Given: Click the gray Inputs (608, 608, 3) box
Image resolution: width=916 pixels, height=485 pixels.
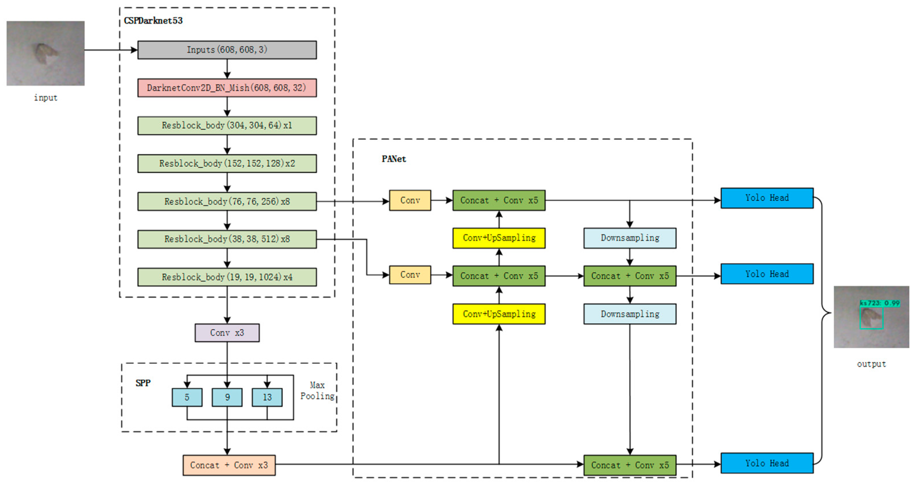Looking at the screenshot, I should tap(227, 50).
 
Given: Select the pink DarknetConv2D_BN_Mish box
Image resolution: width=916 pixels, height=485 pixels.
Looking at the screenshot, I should tap(227, 88).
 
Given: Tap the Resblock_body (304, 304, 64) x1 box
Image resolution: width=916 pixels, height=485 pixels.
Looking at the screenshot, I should tap(227, 126).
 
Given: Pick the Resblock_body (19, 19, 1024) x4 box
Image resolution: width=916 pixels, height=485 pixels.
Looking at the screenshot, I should tap(227, 277).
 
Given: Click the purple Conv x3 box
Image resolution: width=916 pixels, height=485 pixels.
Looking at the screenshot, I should tap(227, 333).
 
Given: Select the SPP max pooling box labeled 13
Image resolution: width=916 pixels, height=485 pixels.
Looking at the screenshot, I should tap(267, 398).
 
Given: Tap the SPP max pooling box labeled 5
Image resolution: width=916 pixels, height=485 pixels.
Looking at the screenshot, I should tap(187, 398).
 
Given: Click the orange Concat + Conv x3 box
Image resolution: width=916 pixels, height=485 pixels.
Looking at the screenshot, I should tap(229, 465).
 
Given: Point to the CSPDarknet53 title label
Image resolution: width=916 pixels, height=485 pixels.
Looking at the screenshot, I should tap(153, 21).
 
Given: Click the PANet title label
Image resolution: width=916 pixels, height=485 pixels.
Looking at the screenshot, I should tap(394, 159).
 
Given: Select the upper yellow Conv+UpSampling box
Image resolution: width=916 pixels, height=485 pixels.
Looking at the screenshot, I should tap(499, 238).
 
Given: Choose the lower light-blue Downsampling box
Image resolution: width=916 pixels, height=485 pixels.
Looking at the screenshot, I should tap(630, 314).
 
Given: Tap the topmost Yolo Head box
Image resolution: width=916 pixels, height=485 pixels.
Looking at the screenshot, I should tap(767, 198).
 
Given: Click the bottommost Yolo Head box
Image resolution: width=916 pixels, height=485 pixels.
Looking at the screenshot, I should tap(767, 463).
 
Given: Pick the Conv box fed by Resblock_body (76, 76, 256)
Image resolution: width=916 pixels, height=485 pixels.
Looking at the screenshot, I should tap(410, 200).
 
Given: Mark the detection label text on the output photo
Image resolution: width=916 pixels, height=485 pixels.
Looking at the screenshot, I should tap(880, 303).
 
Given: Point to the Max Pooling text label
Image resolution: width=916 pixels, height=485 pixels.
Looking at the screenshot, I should tap(317, 391).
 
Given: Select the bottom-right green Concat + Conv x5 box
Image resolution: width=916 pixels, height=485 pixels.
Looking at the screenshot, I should tap(630, 465).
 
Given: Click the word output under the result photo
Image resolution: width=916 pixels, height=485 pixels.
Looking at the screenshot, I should tap(871, 364).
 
